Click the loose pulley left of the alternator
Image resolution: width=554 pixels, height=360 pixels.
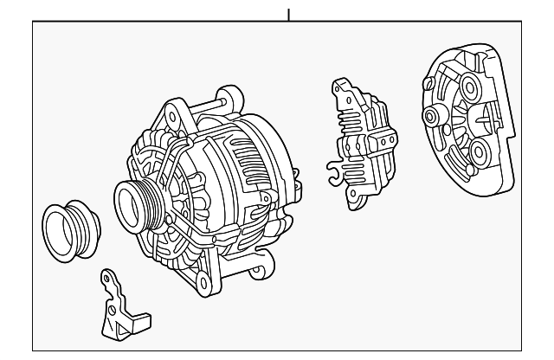[x=70, y=231]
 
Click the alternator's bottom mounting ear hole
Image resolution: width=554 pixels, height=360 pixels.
[x=203, y=280]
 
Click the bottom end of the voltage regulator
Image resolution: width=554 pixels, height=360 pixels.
[x=357, y=202]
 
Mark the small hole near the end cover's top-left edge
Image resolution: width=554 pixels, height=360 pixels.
[x=427, y=85]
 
